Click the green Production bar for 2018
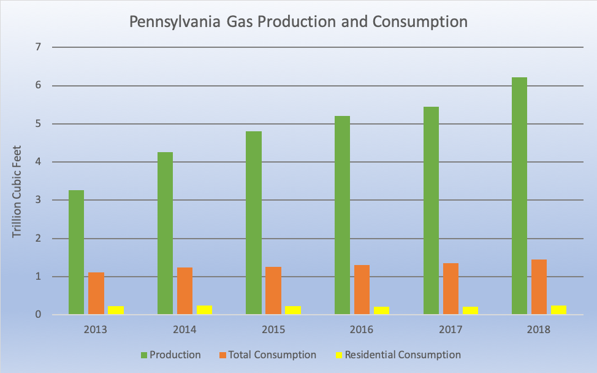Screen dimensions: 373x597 click(519, 196)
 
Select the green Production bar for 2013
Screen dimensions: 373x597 click(76, 253)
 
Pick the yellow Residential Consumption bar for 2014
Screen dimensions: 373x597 click(204, 310)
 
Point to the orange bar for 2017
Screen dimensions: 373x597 click(451, 289)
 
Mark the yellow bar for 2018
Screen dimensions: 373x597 click(558, 310)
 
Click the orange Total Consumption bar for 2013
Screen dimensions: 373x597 click(96, 293)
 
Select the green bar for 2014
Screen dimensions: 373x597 click(165, 233)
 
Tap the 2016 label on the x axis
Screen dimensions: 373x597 click(362, 329)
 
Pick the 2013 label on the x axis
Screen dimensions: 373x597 click(96, 329)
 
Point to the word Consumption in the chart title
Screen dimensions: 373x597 click(424, 22)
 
